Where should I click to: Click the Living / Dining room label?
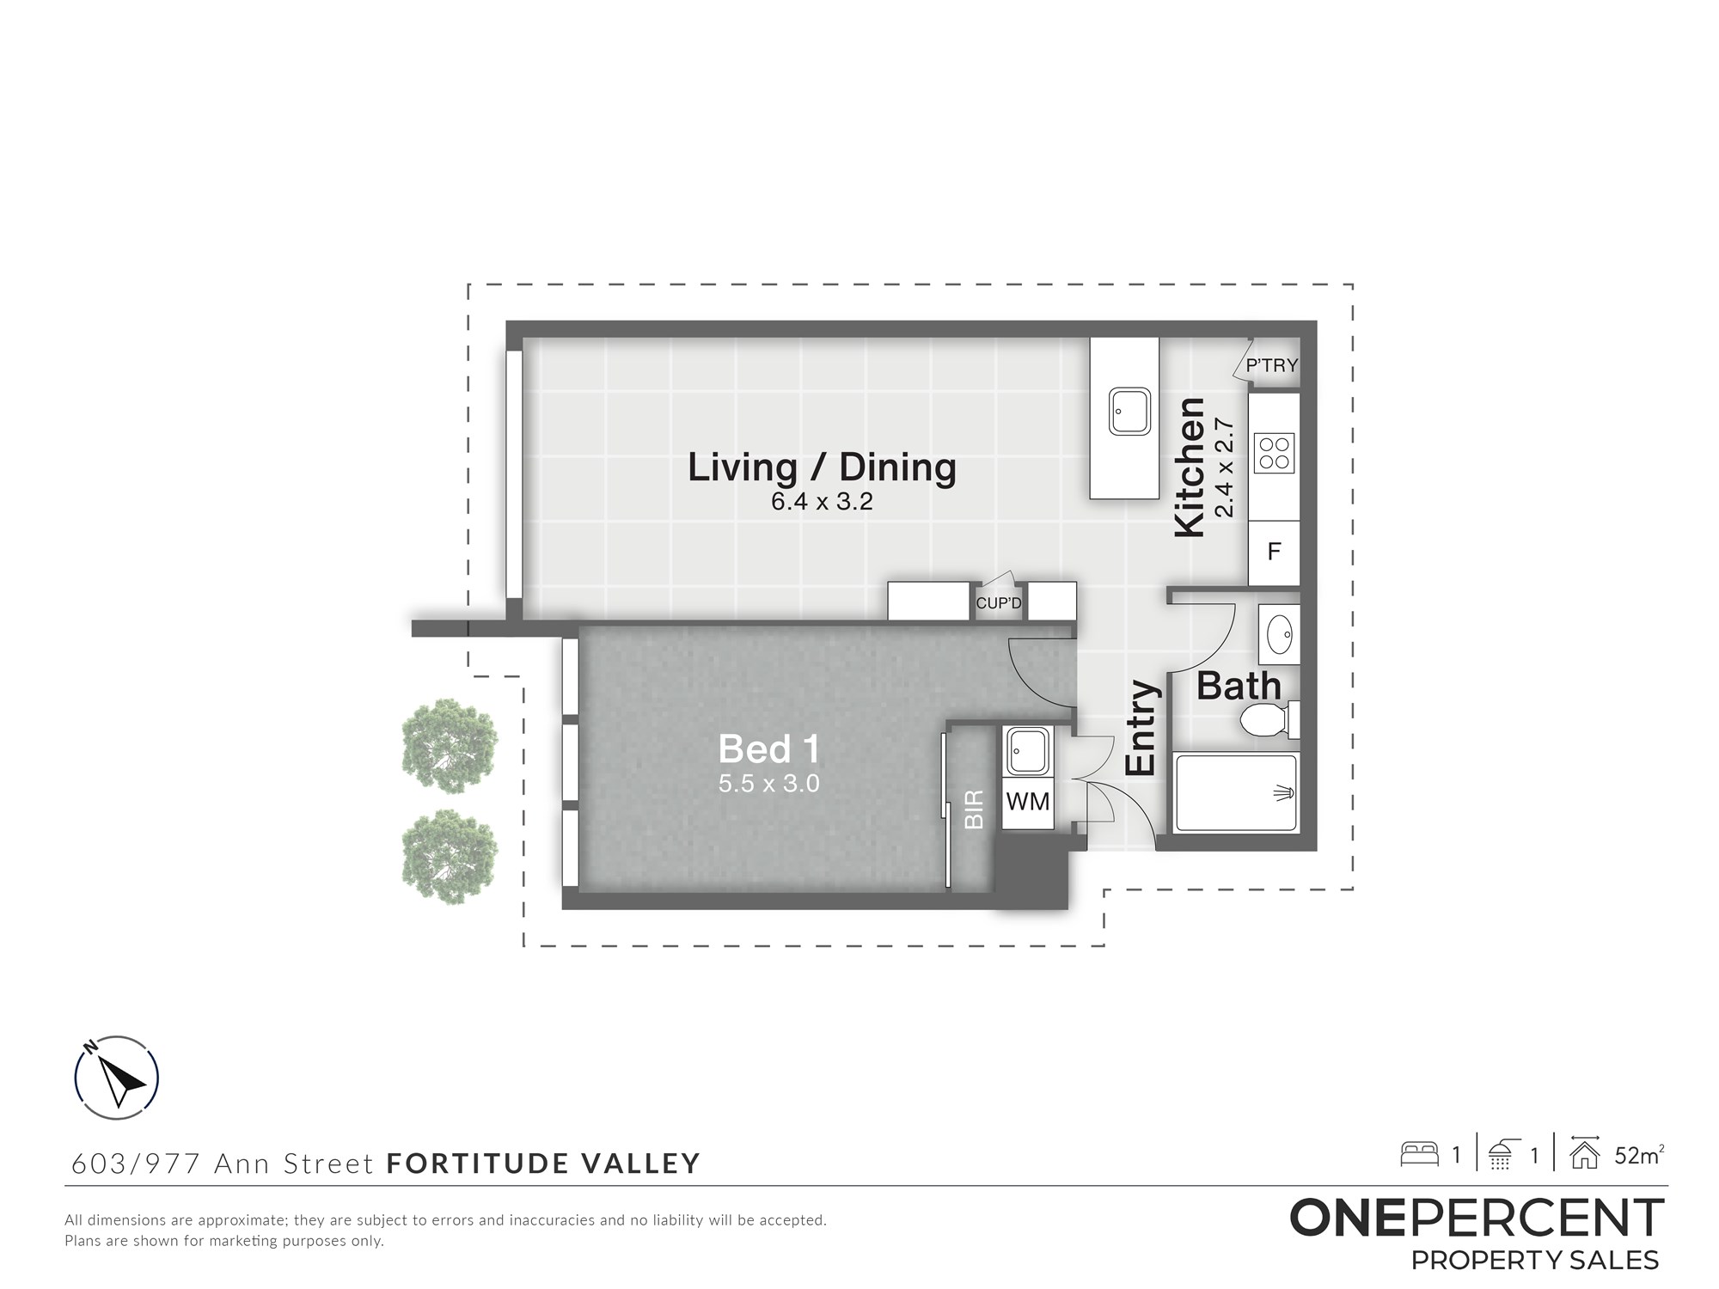click(822, 467)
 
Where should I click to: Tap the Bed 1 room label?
click(769, 749)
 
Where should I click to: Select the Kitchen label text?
click(1190, 467)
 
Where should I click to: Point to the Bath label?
click(1239, 687)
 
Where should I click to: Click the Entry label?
click(1141, 728)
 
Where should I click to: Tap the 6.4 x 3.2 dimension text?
click(822, 502)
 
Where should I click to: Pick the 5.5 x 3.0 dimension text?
click(769, 784)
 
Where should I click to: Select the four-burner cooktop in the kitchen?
click(1275, 454)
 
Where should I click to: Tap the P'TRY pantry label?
click(1271, 365)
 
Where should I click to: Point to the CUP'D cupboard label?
click(999, 603)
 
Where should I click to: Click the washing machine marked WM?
click(1028, 802)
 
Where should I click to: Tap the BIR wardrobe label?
click(974, 809)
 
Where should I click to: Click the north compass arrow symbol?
click(118, 1078)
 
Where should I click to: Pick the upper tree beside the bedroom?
click(450, 745)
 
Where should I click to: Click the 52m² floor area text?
click(1639, 1155)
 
